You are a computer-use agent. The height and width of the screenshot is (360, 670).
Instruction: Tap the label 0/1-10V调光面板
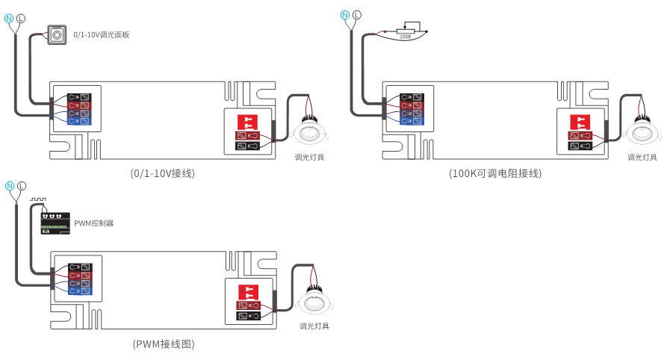coord(101,34)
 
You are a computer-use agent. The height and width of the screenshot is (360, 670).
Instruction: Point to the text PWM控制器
coord(94,223)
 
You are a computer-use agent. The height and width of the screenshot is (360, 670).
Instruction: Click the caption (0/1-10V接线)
coord(163,173)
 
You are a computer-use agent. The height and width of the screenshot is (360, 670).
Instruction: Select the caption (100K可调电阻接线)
coord(495,173)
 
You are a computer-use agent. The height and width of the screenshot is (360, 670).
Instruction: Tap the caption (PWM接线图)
coord(163,344)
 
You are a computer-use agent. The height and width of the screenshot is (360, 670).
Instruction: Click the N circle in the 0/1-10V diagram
coord(9,16)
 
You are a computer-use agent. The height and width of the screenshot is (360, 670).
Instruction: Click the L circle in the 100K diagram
coord(356,14)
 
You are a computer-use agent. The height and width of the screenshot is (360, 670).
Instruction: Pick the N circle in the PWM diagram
coord(9,184)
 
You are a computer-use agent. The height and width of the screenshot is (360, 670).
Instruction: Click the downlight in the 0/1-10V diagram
coord(309,131)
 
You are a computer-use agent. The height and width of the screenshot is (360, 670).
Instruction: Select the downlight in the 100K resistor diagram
coord(642,131)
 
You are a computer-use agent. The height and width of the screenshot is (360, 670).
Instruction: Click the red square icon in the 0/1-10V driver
coord(246,122)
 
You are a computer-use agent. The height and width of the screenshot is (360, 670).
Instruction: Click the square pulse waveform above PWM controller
coord(37,201)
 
